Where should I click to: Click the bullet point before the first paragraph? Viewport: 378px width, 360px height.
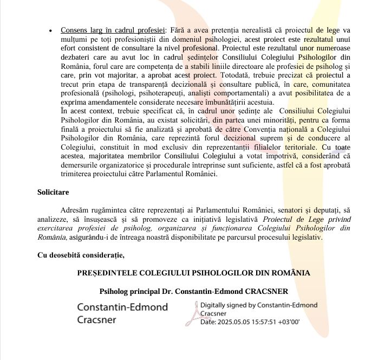pos(50,31)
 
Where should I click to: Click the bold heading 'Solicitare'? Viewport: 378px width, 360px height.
pos(53,192)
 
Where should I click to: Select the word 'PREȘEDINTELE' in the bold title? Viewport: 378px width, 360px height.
pos(110,273)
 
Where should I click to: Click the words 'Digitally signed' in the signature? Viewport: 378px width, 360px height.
pos(224,306)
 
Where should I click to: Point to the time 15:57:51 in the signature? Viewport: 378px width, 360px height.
pos(265,321)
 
